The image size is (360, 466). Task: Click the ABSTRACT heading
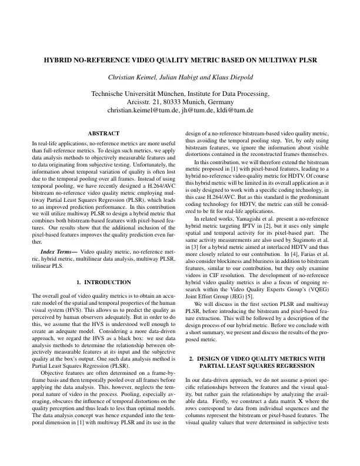(104, 134)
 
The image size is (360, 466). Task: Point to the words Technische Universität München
(134, 94)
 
